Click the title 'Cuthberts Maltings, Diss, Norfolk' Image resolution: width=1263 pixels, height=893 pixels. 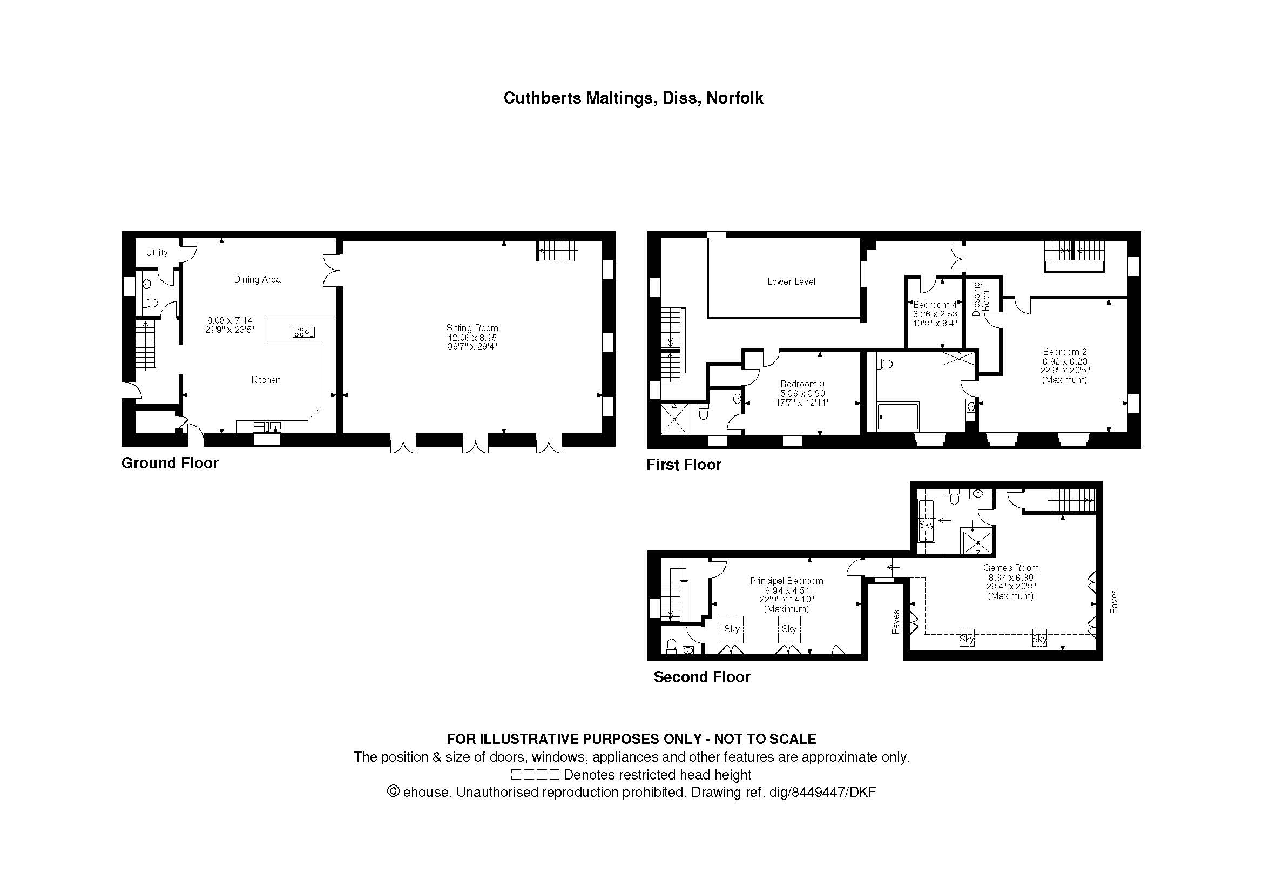coord(633,98)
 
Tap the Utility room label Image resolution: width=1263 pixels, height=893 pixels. coord(157,252)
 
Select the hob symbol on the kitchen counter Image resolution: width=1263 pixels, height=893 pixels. coord(303,332)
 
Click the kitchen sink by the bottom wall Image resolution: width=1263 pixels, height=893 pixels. coord(267,426)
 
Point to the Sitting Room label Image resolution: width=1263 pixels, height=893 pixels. coord(472,328)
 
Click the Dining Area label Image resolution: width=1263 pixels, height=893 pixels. coord(258,279)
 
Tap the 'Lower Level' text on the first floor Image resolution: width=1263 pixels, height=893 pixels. coord(791,281)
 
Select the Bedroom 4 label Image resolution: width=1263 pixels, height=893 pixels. coord(935,305)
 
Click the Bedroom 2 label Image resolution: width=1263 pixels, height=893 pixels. coord(1064,352)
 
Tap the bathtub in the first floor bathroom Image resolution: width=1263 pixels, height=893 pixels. coord(898,417)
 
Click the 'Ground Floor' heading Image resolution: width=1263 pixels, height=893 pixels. coord(170,464)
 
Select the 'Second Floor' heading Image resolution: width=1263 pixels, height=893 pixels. coord(702,677)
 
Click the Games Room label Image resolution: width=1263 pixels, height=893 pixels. coord(1011,568)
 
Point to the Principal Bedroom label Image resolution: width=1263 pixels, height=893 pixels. coord(787,581)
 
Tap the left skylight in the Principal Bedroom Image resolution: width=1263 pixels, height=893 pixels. coord(732,629)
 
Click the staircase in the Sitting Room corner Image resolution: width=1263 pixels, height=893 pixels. coord(557,251)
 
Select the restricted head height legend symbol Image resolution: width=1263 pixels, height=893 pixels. coord(535,775)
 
